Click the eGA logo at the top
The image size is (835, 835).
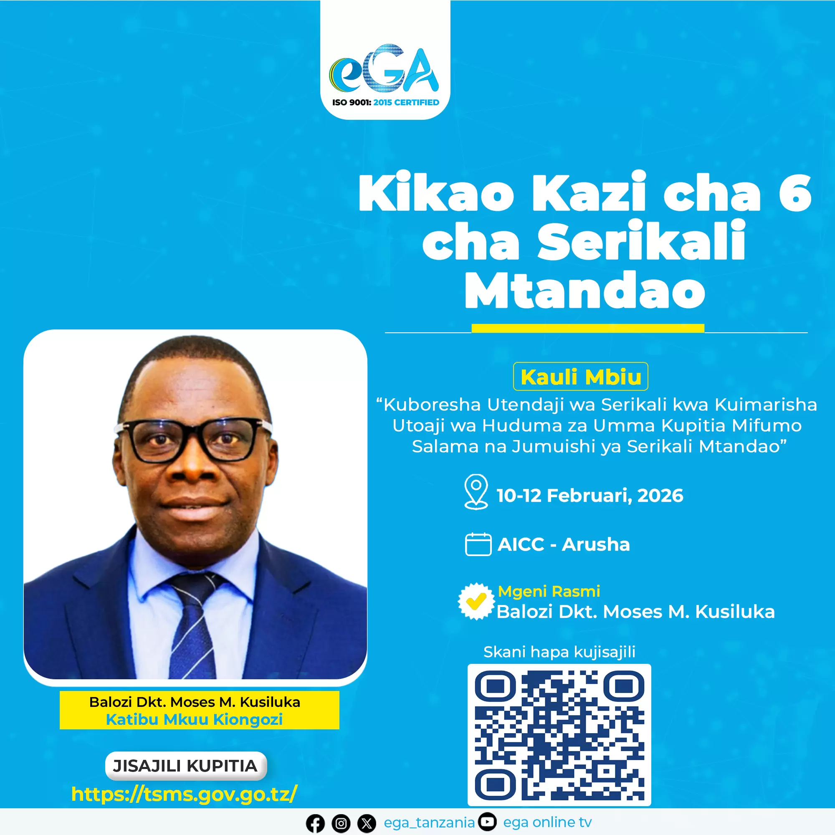(384, 69)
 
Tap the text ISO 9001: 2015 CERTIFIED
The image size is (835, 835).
(385, 102)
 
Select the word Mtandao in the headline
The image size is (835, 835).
(585, 290)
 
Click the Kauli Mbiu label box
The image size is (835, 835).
(580, 377)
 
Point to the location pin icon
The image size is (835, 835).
(476, 492)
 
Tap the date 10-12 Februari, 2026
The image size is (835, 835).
(590, 495)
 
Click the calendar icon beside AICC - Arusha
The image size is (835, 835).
(478, 544)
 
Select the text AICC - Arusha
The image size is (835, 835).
(564, 544)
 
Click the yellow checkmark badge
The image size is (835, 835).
(476, 601)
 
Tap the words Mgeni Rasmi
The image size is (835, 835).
(549, 591)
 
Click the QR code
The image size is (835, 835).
(559, 735)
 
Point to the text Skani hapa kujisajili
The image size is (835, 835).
(559, 652)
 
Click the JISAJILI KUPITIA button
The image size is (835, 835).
(186, 766)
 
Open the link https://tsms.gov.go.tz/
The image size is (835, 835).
(185, 794)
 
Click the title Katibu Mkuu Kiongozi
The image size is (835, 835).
(194, 719)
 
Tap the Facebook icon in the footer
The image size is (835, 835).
(315, 824)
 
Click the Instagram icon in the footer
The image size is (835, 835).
(341, 824)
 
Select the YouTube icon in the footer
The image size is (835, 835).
(488, 822)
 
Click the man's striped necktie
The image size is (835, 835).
(192, 625)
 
